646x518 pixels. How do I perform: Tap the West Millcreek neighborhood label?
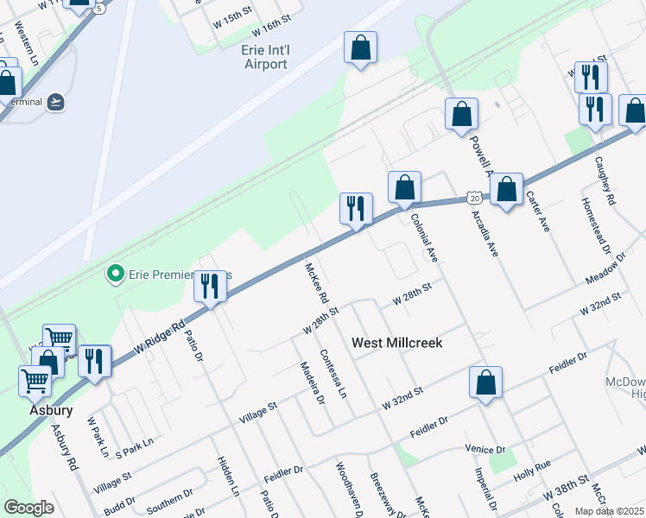(x=397, y=343)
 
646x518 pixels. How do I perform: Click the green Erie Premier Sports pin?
(x=114, y=275)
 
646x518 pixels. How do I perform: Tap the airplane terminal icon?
(x=56, y=102)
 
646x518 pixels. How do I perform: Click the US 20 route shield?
(x=475, y=198)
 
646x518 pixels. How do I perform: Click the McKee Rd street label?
(x=317, y=283)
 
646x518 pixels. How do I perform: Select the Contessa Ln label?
(x=332, y=373)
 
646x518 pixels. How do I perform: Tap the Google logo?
(x=28, y=508)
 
